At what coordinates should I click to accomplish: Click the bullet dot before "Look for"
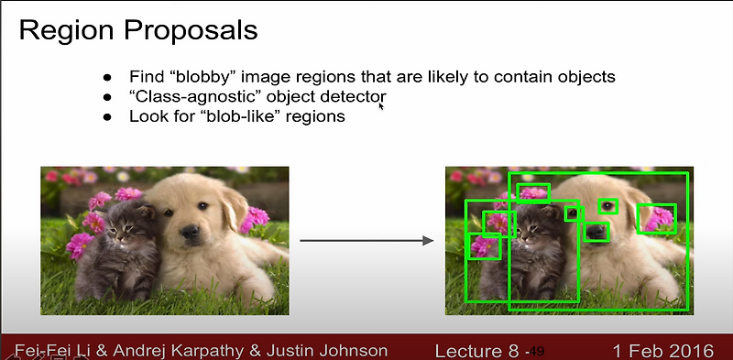tap(107, 117)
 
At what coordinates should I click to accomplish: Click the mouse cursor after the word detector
tap(380, 105)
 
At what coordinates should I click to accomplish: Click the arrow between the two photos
tap(366, 241)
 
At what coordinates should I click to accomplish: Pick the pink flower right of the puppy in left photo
tap(254, 218)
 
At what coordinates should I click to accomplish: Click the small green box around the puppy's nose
tap(596, 231)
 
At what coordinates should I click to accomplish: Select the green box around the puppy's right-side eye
tap(608, 206)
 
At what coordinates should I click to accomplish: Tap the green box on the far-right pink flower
tap(656, 218)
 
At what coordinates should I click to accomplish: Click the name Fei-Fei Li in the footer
tap(53, 350)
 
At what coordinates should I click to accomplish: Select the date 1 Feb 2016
tap(660, 350)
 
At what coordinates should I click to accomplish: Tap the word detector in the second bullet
tap(349, 96)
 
